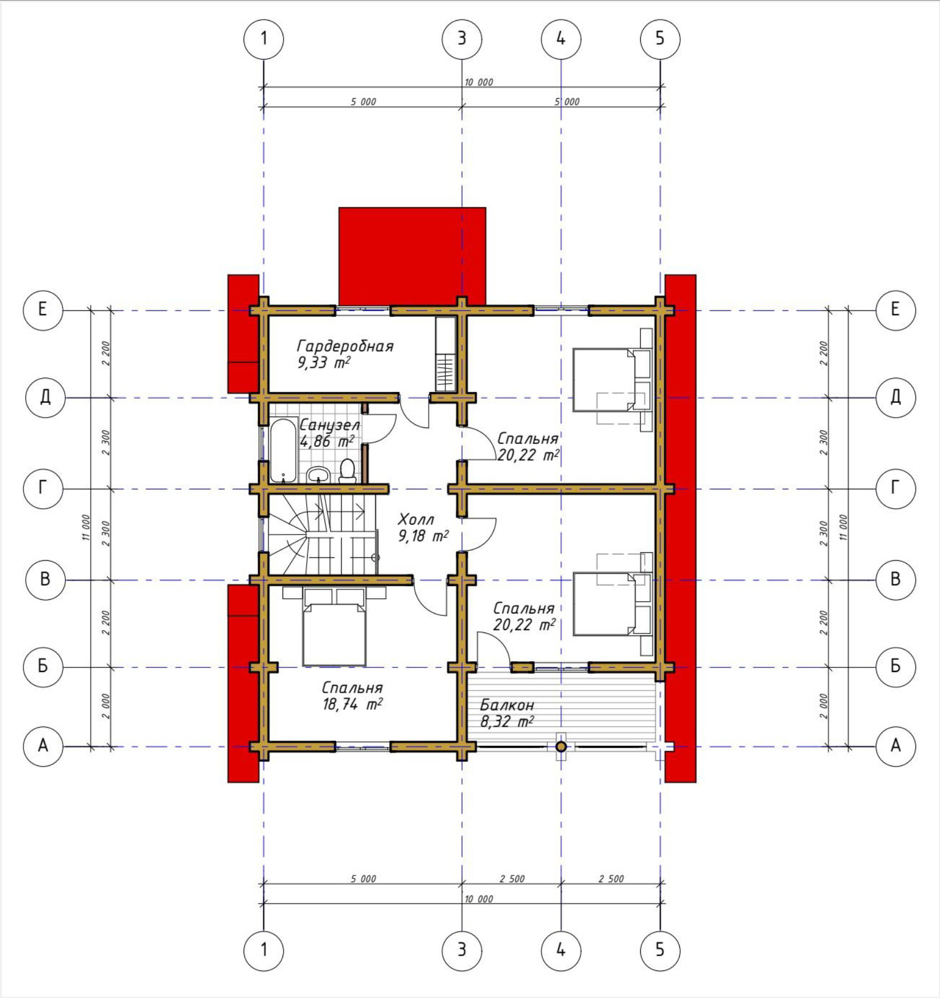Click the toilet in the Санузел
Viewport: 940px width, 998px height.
(x=347, y=470)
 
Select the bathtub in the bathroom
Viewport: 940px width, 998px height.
(x=283, y=451)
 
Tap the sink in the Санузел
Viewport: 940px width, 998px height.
(x=318, y=475)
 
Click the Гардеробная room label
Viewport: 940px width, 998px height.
(x=345, y=346)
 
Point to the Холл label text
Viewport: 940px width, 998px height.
(x=416, y=520)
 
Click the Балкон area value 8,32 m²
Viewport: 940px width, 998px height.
(x=507, y=721)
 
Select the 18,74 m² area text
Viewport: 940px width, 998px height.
(x=352, y=704)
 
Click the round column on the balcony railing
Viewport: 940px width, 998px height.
(x=561, y=746)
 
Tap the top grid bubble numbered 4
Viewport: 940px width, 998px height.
(x=561, y=39)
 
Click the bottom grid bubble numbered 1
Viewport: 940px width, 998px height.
(x=264, y=950)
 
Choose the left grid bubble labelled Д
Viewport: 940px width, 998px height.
(x=45, y=397)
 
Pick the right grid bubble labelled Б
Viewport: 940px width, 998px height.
(x=895, y=666)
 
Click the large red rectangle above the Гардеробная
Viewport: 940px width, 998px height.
(x=412, y=256)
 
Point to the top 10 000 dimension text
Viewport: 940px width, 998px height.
(x=479, y=82)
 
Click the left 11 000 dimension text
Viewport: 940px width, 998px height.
(x=86, y=527)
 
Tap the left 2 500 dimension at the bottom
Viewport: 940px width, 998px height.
(x=512, y=878)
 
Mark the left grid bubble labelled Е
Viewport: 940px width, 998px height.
(x=43, y=310)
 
